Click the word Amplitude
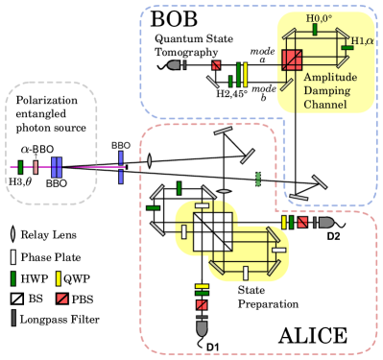(x=331, y=77)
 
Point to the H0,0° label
(x=320, y=18)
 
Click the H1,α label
(x=362, y=40)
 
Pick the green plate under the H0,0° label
(x=315, y=30)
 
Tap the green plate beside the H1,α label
(x=347, y=47)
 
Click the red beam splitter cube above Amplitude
(x=292, y=60)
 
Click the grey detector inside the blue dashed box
(x=175, y=65)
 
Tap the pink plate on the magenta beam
(x=36, y=167)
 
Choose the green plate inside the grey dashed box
(x=20, y=167)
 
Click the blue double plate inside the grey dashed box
(x=56, y=167)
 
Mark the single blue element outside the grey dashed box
(x=121, y=166)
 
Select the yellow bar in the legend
(x=59, y=278)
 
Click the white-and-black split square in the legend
(x=16, y=299)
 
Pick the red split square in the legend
(x=62, y=299)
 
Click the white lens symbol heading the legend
(x=12, y=234)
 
